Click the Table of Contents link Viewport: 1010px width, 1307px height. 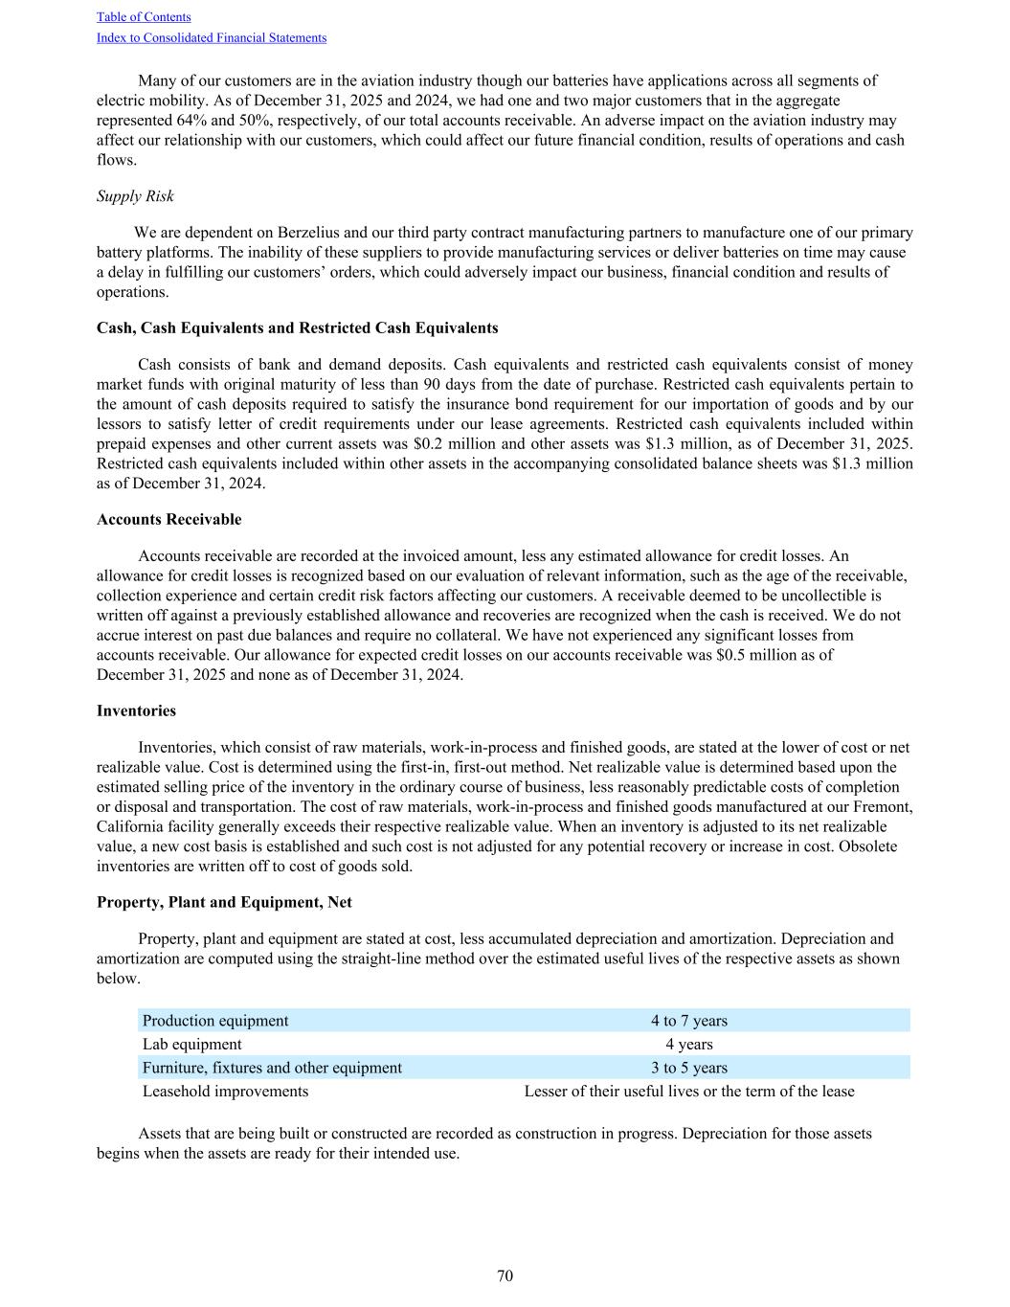tap(144, 17)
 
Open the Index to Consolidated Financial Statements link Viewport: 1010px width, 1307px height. tap(212, 38)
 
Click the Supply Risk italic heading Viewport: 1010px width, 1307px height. tap(135, 196)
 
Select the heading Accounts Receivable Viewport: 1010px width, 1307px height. tap(169, 520)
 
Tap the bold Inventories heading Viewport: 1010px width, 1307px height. tap(136, 711)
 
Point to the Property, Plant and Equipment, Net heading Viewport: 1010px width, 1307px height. tap(224, 903)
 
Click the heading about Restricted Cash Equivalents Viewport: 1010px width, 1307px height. tap(297, 328)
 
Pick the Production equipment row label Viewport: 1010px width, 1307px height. tap(215, 1021)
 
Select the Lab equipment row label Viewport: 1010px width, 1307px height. tap(192, 1045)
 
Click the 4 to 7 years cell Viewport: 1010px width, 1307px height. tap(689, 1021)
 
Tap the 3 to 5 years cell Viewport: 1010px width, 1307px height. tap(689, 1068)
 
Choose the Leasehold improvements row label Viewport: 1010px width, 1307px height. tap(226, 1092)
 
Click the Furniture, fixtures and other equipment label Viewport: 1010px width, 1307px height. tap(272, 1068)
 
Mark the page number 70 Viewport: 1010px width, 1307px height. tap(505, 1276)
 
